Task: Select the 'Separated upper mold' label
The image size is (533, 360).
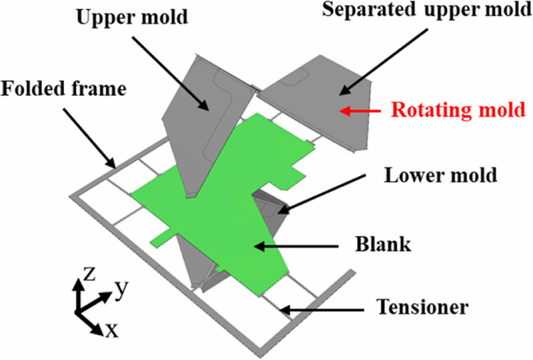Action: click(427, 10)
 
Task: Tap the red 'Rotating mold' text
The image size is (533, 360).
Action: click(459, 110)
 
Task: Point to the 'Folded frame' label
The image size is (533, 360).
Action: click(63, 89)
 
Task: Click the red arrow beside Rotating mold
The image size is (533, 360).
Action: click(362, 110)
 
